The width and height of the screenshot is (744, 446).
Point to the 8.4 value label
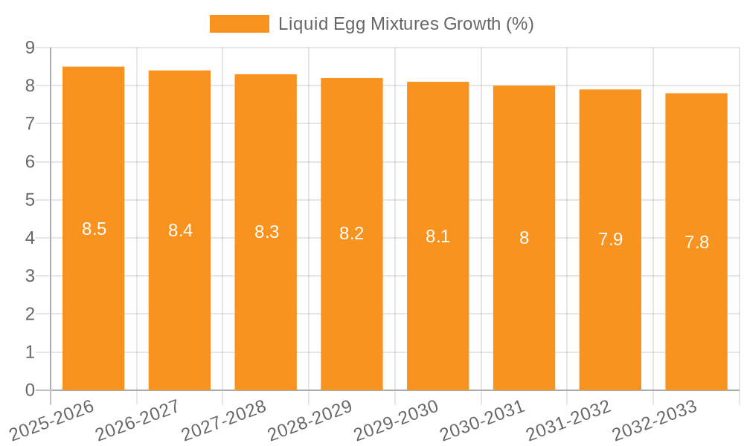180,231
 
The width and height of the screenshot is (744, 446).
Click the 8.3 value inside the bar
266,233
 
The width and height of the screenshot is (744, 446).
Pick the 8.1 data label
438,237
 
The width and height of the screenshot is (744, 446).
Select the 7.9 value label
610,240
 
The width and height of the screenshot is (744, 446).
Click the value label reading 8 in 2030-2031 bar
524,239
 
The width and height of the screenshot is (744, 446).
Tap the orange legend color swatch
239,24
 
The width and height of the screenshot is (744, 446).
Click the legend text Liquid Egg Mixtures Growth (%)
406,24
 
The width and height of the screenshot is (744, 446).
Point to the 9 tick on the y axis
30,48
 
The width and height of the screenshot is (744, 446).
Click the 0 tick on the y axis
30,390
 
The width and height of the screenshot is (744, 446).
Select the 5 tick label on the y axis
30,200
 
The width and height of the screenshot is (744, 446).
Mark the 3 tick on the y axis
30,277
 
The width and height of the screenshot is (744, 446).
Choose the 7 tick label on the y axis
30,124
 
